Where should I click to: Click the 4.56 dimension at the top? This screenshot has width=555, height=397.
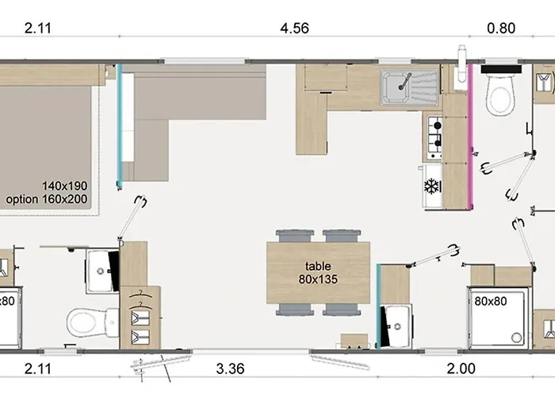pyautogui.click(x=295, y=29)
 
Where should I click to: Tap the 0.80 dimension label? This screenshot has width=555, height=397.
pyautogui.click(x=501, y=29)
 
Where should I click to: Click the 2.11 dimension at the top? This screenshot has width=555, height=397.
pyautogui.click(x=38, y=29)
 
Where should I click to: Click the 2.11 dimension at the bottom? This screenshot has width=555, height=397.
pyautogui.click(x=38, y=368)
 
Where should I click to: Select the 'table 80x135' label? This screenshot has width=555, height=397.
pyautogui.click(x=318, y=273)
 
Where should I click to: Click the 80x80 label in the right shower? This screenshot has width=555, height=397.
pyautogui.click(x=490, y=302)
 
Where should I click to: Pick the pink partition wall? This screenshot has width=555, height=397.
pyautogui.click(x=470, y=127)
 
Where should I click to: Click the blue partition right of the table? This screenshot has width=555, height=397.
pyautogui.click(x=378, y=306)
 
